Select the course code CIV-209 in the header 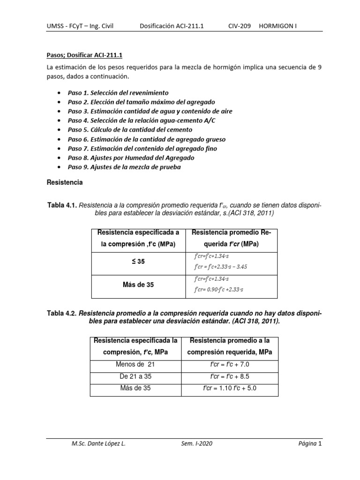(240, 26)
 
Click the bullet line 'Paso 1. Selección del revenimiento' (118, 93)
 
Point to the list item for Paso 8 (131, 157)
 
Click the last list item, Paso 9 (124, 167)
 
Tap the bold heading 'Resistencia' (66, 183)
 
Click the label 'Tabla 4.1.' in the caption (63, 205)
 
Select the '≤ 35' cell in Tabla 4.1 (138, 262)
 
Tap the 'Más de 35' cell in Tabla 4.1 (138, 285)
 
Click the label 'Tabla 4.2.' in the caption (61, 313)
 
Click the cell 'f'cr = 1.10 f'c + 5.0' (229, 388)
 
